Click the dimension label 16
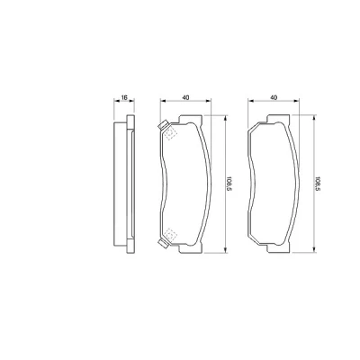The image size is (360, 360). pos(124,97)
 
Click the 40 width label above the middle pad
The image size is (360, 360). pos(185,97)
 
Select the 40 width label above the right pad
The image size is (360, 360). pos(274,97)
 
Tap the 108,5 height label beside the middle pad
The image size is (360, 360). pos(229,184)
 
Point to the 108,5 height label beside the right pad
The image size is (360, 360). pos(317,184)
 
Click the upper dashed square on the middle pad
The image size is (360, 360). pos(170,134)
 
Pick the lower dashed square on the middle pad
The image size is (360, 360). pos(170,234)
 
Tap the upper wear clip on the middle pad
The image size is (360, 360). pos(164,126)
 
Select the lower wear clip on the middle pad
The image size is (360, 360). pos(164,243)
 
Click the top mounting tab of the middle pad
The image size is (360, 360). pos(190,119)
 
